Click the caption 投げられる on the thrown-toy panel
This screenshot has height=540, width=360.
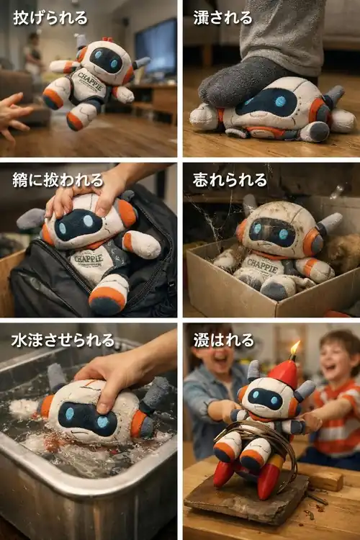pos(50,17)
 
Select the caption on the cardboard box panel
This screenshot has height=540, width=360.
pos(230,179)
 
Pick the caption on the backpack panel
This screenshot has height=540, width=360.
pos(50,179)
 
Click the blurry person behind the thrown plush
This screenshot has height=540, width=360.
pos(32,54)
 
